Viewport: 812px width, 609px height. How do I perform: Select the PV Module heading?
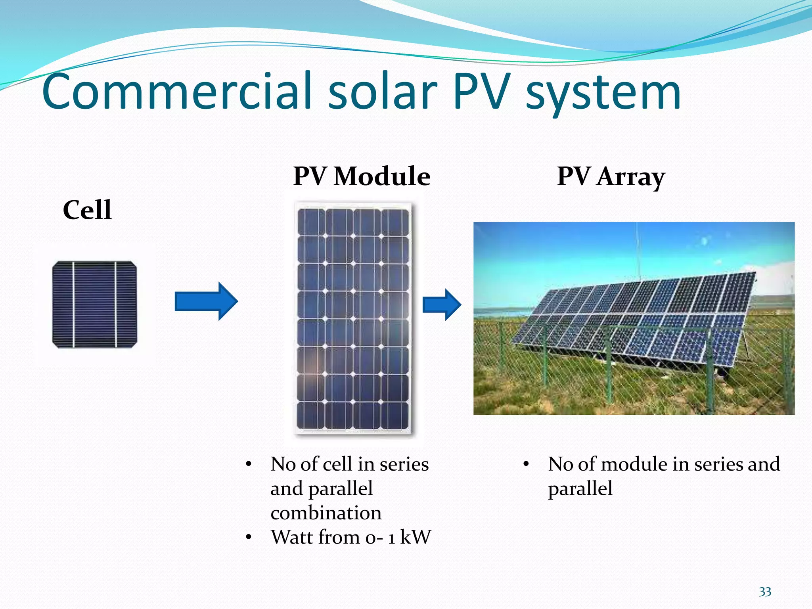(x=362, y=176)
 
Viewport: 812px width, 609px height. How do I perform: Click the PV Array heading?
(x=611, y=176)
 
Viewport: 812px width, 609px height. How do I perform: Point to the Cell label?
(x=87, y=210)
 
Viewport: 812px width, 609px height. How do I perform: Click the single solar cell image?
(x=95, y=304)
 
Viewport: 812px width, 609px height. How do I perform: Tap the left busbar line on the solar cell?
(x=74, y=304)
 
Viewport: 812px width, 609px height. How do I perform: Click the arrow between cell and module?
(x=206, y=301)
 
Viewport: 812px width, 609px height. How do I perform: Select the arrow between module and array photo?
(x=441, y=304)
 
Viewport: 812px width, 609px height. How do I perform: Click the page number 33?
(x=765, y=592)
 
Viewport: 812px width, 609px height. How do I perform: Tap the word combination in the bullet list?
(x=326, y=513)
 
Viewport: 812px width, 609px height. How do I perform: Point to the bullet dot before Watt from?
(x=249, y=538)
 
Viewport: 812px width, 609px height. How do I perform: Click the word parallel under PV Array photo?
(x=580, y=489)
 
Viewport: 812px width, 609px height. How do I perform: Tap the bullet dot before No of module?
(x=526, y=464)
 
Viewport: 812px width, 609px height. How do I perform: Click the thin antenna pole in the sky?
(x=638, y=254)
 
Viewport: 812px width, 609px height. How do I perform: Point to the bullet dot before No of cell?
(x=249, y=464)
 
